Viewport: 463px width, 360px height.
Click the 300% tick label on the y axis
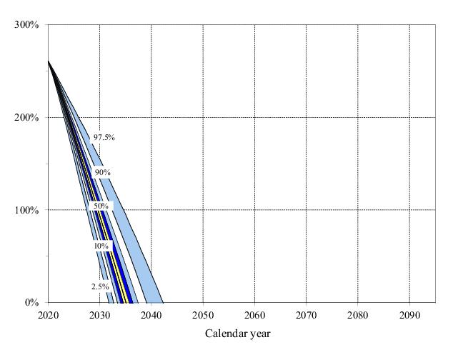point(28,25)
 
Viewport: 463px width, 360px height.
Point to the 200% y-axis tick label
point(28,117)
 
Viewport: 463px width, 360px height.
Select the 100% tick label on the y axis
point(28,210)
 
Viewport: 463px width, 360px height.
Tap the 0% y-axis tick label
point(32,302)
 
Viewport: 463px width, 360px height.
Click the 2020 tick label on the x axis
point(48,314)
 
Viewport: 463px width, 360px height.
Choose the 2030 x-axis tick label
point(99,314)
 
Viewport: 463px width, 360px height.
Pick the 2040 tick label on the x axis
point(151,314)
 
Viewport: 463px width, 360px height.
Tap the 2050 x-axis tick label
point(203,314)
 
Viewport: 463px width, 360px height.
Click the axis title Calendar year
point(238,334)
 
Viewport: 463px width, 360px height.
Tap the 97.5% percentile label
point(104,137)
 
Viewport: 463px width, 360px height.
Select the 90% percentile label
point(102,172)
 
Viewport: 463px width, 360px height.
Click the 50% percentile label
point(99,206)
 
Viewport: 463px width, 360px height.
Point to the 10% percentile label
point(101,246)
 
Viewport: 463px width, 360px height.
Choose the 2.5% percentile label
point(100,286)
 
